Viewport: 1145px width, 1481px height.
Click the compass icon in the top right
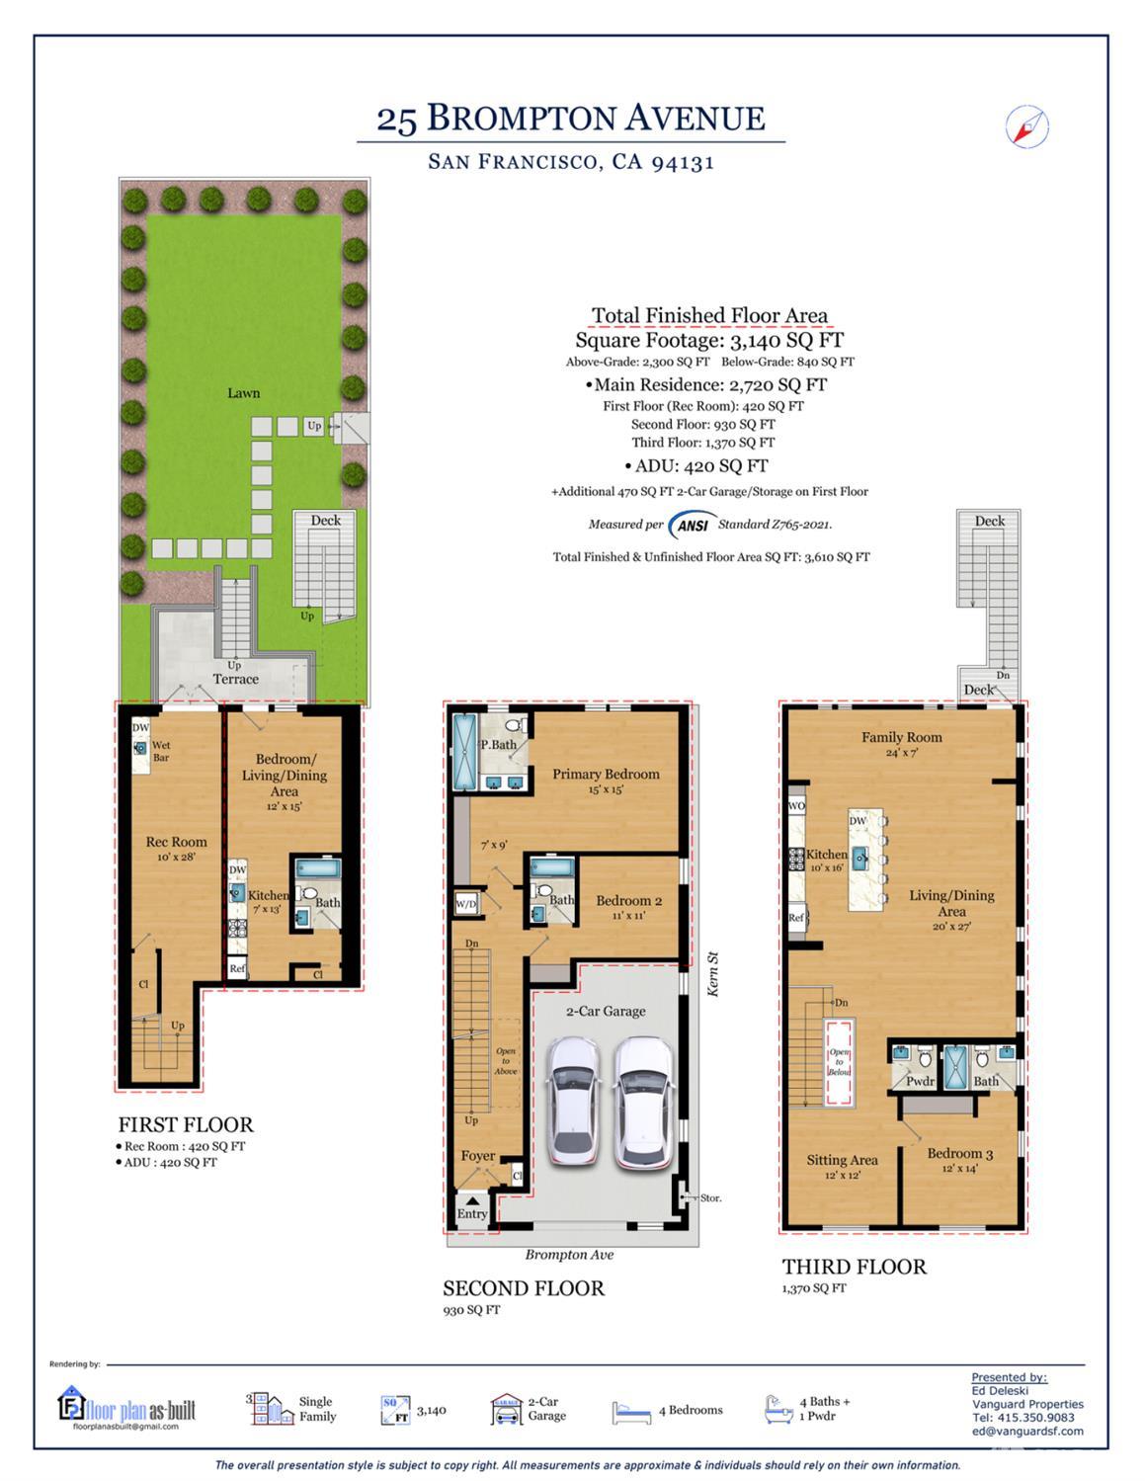click(1026, 126)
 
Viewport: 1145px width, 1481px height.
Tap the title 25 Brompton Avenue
click(570, 119)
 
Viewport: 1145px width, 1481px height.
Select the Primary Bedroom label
click(606, 775)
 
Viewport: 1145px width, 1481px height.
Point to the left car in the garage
click(573, 1100)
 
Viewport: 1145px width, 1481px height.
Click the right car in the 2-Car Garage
click(642, 1100)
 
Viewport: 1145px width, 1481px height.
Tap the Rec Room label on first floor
click(176, 843)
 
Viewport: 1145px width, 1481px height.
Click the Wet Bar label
click(160, 752)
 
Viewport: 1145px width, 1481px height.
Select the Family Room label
click(901, 737)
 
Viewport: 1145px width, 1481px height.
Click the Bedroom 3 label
click(959, 1154)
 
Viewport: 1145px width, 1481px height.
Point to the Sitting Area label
click(842, 1160)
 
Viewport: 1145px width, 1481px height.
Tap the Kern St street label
click(712, 973)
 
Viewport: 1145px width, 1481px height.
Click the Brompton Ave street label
click(569, 1255)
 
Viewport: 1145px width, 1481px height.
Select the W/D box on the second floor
click(465, 904)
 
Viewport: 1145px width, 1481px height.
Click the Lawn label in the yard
click(243, 393)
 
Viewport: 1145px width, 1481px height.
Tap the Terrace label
click(235, 679)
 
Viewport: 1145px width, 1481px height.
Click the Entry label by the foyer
click(471, 1213)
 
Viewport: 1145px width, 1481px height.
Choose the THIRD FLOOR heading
click(854, 1267)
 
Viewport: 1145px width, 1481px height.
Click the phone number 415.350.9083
click(1035, 1417)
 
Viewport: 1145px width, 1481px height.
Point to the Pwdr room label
click(920, 1081)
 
